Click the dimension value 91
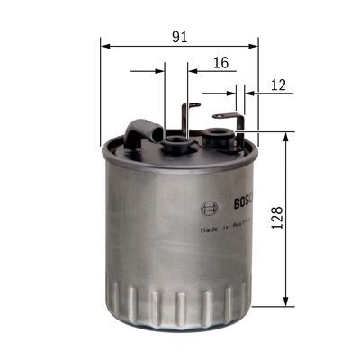coord(179,36)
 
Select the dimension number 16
coord(220,62)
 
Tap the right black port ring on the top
coord(215,137)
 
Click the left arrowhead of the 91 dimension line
coord(105,44)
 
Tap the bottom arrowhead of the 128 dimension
coord(286,301)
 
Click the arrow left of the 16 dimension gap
coord(159,68)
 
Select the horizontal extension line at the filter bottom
coord(270,306)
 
